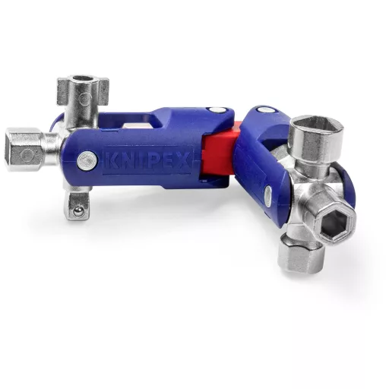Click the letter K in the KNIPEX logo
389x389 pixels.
click(x=111, y=160)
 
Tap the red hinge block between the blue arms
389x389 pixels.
click(x=218, y=152)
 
